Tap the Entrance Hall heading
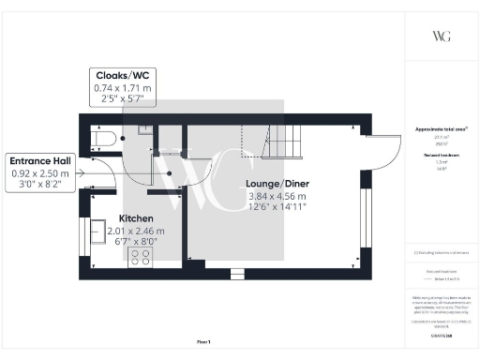[38, 159]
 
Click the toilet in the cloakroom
[105, 140]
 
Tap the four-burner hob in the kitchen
[143, 256]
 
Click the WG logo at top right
[441, 37]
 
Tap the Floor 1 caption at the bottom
[203, 342]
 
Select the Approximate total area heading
[440, 129]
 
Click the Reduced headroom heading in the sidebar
[440, 156]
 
